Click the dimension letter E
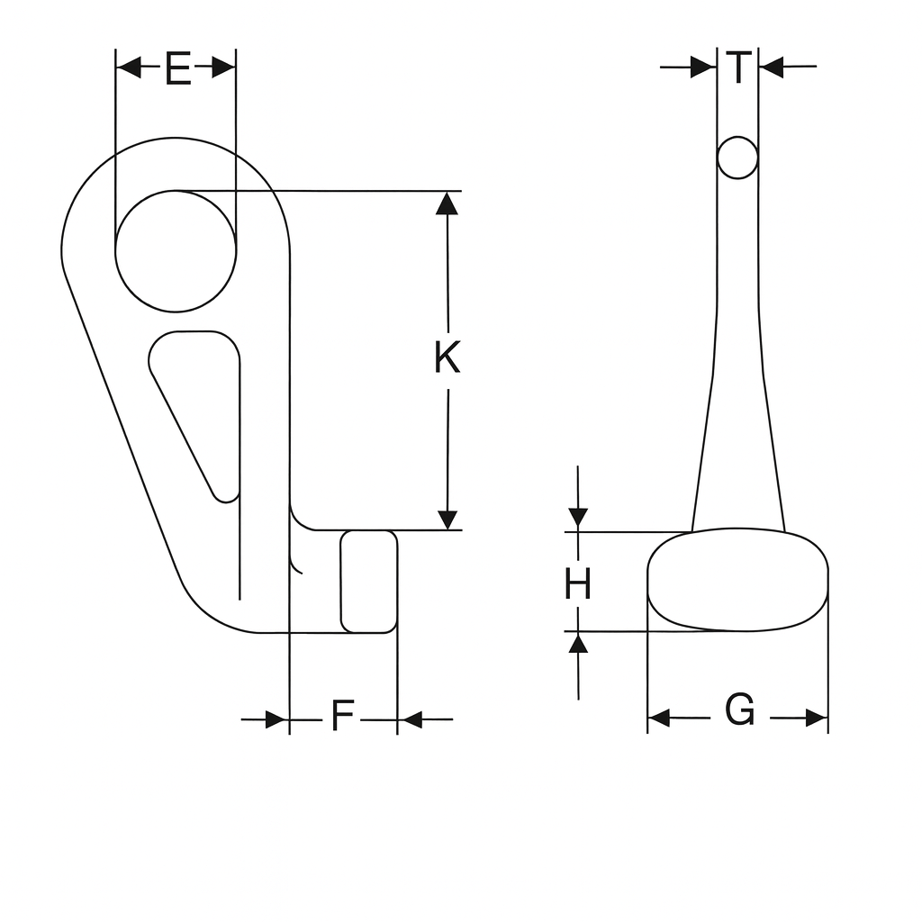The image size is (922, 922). point(178,68)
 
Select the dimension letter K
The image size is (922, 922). point(447,357)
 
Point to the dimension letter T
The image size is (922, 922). point(738,68)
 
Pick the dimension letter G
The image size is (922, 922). point(740,710)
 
